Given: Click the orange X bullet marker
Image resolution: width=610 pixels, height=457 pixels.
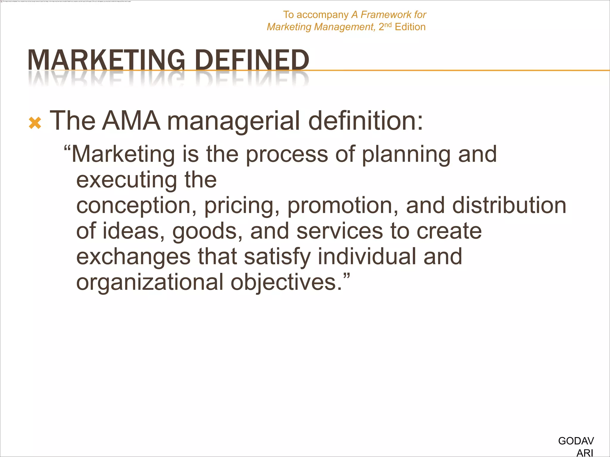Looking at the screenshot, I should (35, 123).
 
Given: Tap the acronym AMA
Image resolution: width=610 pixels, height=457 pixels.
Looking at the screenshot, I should (131, 121).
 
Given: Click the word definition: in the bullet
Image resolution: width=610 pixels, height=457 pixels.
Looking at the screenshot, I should (365, 121).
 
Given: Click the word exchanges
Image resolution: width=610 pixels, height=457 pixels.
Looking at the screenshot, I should (133, 257).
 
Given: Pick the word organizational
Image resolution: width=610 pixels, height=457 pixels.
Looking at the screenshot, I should (150, 283).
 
